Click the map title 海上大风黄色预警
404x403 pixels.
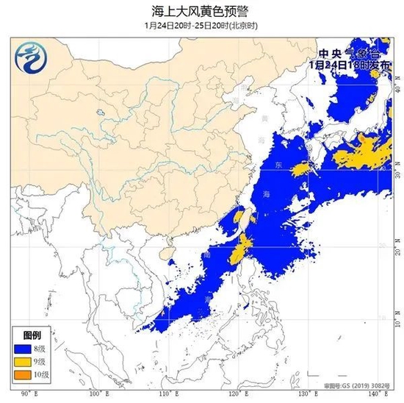click(x=202, y=10)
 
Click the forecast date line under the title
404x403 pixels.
click(x=202, y=25)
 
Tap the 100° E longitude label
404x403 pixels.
click(x=95, y=395)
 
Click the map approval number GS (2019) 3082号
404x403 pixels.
click(x=356, y=385)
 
